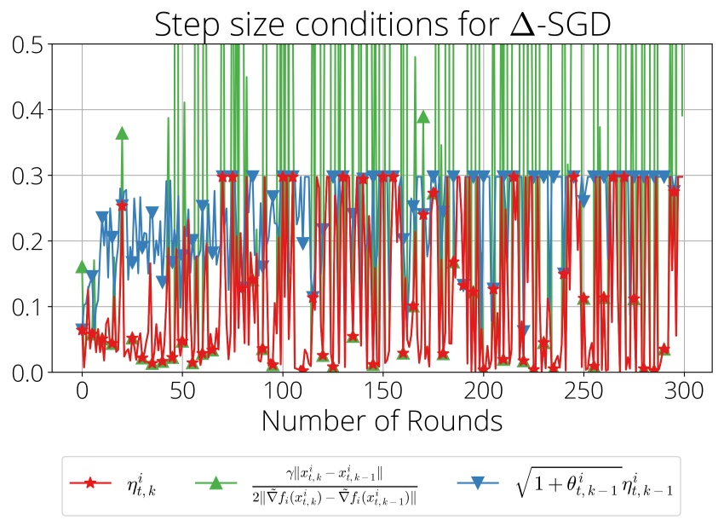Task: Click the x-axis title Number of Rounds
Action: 381,420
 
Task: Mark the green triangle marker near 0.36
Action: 122,133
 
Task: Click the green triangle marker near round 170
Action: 422,116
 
